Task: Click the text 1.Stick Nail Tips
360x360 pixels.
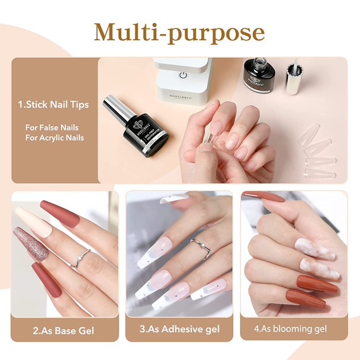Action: tap(53, 105)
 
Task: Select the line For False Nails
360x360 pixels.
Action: tap(52, 127)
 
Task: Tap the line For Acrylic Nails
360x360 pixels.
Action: tap(54, 138)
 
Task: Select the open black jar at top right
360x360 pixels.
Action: tap(259, 74)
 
